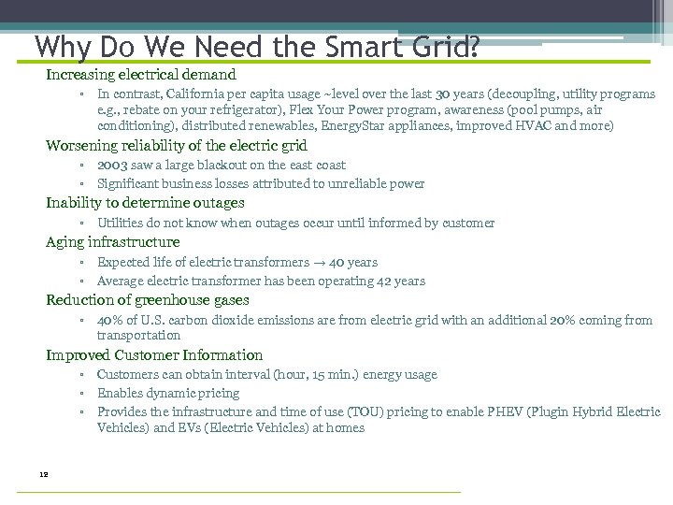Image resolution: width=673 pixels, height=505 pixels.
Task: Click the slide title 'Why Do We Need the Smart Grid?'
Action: pyautogui.click(x=257, y=46)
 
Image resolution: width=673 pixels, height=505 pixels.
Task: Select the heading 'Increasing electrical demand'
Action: pyautogui.click(x=141, y=75)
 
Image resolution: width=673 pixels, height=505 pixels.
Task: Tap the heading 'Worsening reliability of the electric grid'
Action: pyautogui.click(x=177, y=146)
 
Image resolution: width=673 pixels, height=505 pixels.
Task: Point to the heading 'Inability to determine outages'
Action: pyautogui.click(x=145, y=203)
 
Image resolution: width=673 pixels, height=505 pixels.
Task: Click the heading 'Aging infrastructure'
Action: pyautogui.click(x=113, y=242)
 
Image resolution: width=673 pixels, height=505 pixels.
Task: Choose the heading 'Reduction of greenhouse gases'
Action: pyautogui.click(x=148, y=300)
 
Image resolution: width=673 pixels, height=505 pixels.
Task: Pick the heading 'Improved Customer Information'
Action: pyautogui.click(x=154, y=355)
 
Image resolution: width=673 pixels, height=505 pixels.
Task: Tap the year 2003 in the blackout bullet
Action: pyautogui.click(x=113, y=166)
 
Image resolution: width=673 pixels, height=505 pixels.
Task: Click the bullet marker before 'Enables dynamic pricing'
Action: pyautogui.click(x=82, y=394)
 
